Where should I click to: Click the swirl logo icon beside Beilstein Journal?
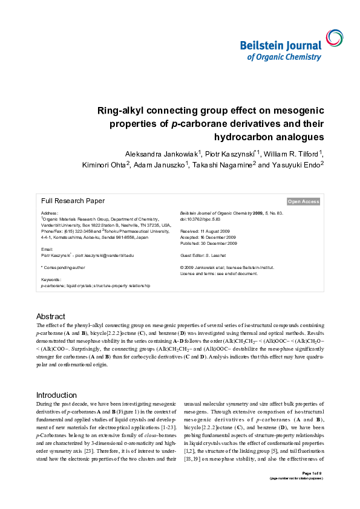[x=333, y=37]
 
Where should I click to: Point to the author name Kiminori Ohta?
[x=103, y=164]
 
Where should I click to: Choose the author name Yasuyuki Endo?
[x=295, y=164]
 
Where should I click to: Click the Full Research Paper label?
[x=73, y=201]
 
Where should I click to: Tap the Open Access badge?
[x=303, y=201]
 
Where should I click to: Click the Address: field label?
[x=50, y=213]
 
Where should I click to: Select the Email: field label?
[x=47, y=249]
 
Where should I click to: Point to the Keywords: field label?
[x=51, y=280]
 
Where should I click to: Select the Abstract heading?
[x=51, y=316]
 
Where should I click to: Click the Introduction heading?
[x=57, y=395]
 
